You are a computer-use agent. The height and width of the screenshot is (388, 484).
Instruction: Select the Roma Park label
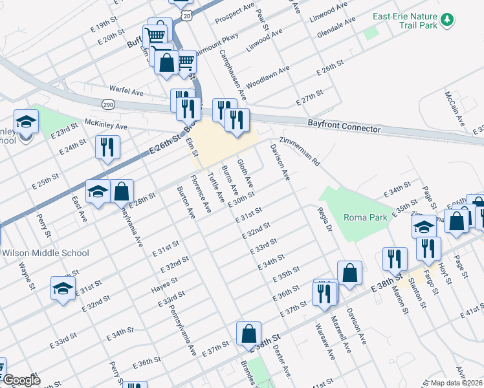coord(366,217)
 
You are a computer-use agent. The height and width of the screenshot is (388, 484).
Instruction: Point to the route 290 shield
coord(107,103)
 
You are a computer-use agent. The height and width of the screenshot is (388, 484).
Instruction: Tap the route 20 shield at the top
coord(186,13)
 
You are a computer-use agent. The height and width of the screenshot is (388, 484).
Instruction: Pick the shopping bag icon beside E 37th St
coord(248,334)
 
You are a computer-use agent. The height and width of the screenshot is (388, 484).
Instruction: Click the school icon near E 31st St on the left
coord(63,288)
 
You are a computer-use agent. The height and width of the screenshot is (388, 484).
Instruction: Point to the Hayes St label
coord(164,285)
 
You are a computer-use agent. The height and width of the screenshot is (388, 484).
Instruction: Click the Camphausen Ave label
coord(232,74)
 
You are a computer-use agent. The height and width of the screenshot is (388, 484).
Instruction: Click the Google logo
coord(21,380)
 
